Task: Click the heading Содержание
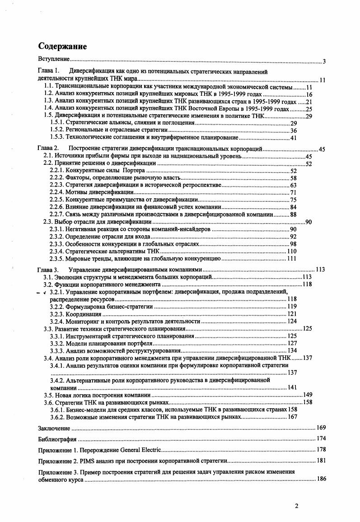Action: [62, 47]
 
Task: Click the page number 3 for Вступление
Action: [324, 61]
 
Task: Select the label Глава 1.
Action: [48, 71]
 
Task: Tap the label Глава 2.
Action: [48, 149]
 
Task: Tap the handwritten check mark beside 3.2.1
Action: [44, 293]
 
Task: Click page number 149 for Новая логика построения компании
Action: [308, 395]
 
